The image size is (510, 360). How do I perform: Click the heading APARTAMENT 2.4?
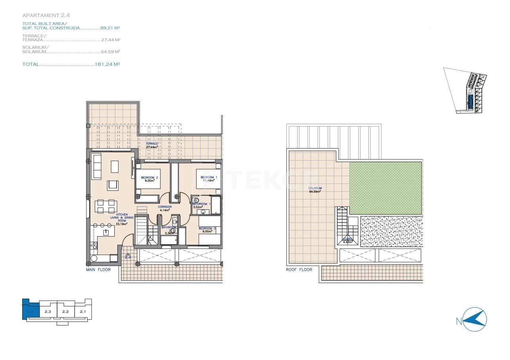pos(46,15)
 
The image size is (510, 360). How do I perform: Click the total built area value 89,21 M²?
pos(110,28)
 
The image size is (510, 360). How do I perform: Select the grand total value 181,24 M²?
pos(107,64)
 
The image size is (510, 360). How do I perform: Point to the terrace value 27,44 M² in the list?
pos(111,40)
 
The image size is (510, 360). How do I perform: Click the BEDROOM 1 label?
pos(208,177)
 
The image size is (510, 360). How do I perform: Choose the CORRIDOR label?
pos(164,207)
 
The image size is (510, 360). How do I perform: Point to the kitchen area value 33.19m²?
pos(121,224)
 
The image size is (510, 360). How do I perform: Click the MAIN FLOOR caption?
pos(98,270)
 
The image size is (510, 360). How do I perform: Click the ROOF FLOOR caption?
pos(299,270)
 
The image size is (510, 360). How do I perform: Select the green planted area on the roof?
pos(385,188)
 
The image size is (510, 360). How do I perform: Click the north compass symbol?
pos(475,320)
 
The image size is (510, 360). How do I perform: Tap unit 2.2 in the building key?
pos(65,312)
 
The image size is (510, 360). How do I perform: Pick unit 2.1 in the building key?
pos(83,312)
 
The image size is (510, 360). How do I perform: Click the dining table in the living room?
pos(105,206)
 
